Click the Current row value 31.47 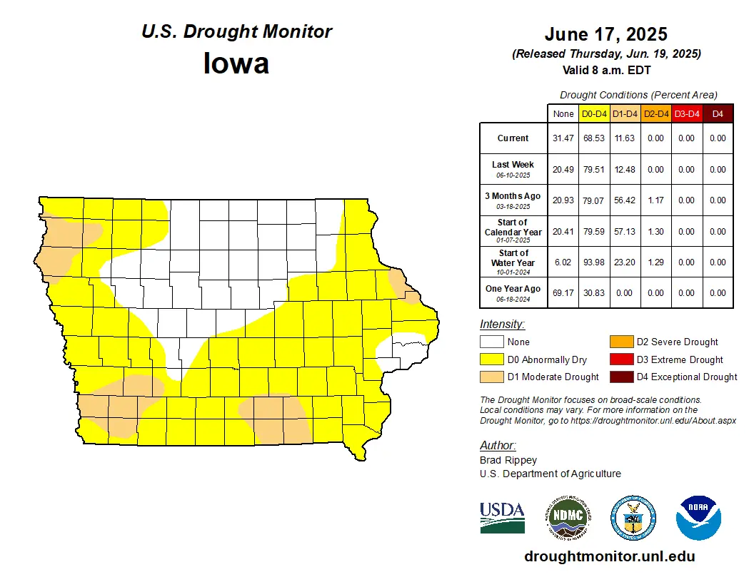click(563, 138)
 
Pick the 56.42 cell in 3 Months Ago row click(625, 200)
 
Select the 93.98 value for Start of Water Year click(593, 262)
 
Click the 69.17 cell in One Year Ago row click(563, 293)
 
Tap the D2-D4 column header click(655, 113)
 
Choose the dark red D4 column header click(718, 113)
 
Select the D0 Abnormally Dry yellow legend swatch click(491, 359)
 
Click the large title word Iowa click(236, 64)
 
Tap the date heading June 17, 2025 click(605, 34)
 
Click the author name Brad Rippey click(508, 460)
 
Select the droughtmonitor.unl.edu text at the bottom click(609, 556)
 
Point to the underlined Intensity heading click(502, 325)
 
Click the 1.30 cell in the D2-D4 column click(655, 231)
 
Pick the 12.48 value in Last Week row click(625, 170)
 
